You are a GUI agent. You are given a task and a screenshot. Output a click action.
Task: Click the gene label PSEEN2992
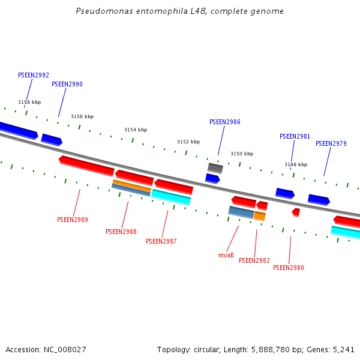[x=34, y=76]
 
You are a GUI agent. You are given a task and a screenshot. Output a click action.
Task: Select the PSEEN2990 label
[x=67, y=85]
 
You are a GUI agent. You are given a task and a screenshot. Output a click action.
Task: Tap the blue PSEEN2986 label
[x=225, y=122]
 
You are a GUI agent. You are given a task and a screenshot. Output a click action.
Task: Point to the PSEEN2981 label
[x=295, y=137]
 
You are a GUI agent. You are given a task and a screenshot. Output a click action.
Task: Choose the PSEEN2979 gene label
[x=331, y=144]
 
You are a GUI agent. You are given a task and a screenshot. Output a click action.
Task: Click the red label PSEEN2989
[x=73, y=220]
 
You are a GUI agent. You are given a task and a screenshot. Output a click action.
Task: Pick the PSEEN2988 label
[x=121, y=232]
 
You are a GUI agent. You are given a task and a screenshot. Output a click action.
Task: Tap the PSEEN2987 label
[x=161, y=242]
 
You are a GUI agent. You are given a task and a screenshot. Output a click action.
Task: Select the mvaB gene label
[x=226, y=256]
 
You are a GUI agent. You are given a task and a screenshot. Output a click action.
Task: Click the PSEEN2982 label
[x=254, y=261]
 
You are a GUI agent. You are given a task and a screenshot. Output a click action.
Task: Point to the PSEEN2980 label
[x=289, y=268]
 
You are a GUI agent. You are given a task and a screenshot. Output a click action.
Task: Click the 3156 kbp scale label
[x=82, y=117]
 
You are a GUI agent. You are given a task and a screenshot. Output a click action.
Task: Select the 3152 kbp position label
[x=188, y=142]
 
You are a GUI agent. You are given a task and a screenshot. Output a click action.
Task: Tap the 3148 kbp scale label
[x=296, y=164]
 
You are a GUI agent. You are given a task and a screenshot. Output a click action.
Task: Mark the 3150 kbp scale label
[x=242, y=154]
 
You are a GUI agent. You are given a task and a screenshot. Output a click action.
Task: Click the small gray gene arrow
[x=215, y=168]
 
